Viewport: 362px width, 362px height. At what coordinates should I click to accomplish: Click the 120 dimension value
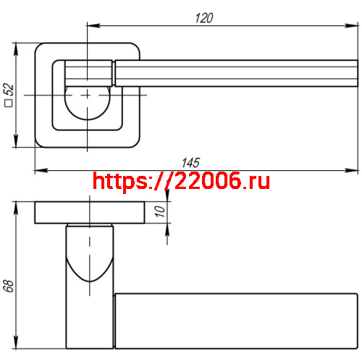[x=204, y=19]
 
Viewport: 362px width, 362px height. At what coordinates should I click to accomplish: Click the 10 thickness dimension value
[x=160, y=211]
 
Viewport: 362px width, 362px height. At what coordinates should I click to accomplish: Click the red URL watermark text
[x=182, y=181]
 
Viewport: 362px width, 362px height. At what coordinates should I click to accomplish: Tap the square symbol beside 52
[x=9, y=104]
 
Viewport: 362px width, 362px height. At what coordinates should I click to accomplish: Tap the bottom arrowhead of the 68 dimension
[x=16, y=344]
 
